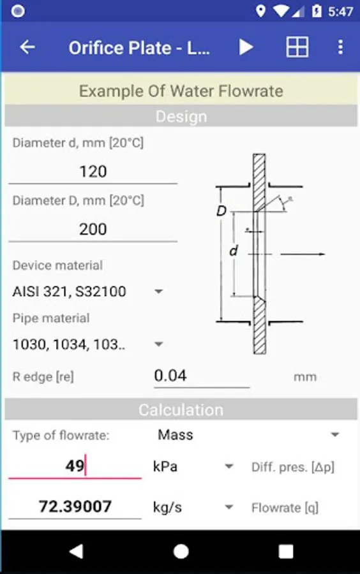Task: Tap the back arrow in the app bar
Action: click(x=27, y=47)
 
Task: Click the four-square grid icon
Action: click(x=297, y=47)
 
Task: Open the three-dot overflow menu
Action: click(x=341, y=47)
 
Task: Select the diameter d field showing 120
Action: click(x=93, y=172)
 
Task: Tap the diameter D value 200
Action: click(x=93, y=229)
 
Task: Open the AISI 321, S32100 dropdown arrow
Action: click(x=158, y=291)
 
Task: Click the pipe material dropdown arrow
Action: click(x=158, y=344)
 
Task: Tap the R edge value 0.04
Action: click(x=170, y=376)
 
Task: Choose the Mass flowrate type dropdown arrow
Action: click(x=334, y=434)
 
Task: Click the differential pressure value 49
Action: click(x=75, y=466)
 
